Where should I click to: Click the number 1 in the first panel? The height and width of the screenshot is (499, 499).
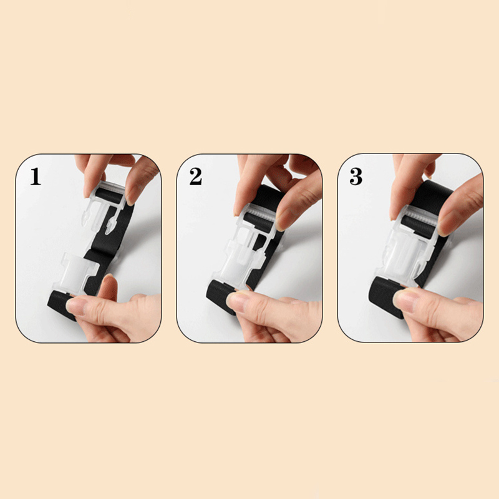tap(36, 177)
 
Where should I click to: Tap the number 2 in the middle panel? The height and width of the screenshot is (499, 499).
tap(195, 177)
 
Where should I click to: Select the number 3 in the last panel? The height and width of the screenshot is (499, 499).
tap(356, 177)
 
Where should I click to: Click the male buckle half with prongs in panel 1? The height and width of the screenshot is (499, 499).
tap(104, 205)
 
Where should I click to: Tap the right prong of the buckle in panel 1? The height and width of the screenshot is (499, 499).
tap(111, 225)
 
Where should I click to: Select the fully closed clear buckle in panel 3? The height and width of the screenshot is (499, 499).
tap(406, 248)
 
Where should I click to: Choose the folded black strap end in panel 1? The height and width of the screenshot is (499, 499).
tap(61, 304)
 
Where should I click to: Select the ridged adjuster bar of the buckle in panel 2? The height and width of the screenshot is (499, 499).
tap(260, 211)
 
